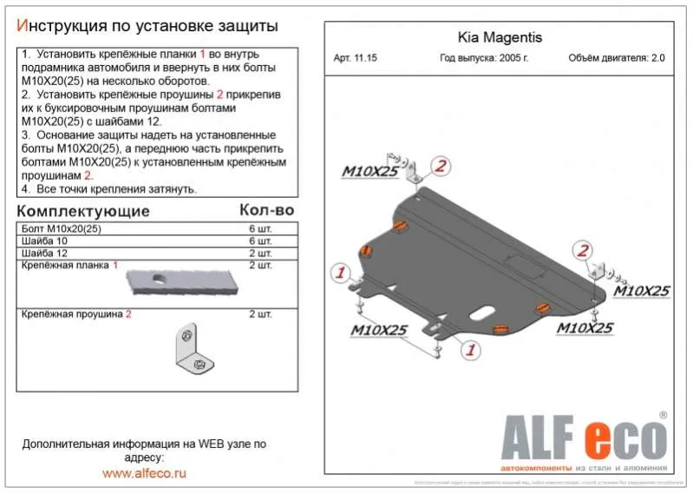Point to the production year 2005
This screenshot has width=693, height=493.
pyautogui.click(x=515, y=59)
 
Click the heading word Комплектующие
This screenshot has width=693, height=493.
pyautogui.click(x=83, y=211)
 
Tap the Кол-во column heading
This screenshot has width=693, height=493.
pyautogui.click(x=266, y=210)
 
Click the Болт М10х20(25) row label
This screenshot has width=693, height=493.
pyautogui.click(x=57, y=227)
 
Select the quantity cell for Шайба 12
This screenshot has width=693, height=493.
pyautogui.click(x=260, y=253)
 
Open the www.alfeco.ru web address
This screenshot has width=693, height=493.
pyautogui.click(x=144, y=473)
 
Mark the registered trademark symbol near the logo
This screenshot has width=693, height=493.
pyautogui.click(x=664, y=416)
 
